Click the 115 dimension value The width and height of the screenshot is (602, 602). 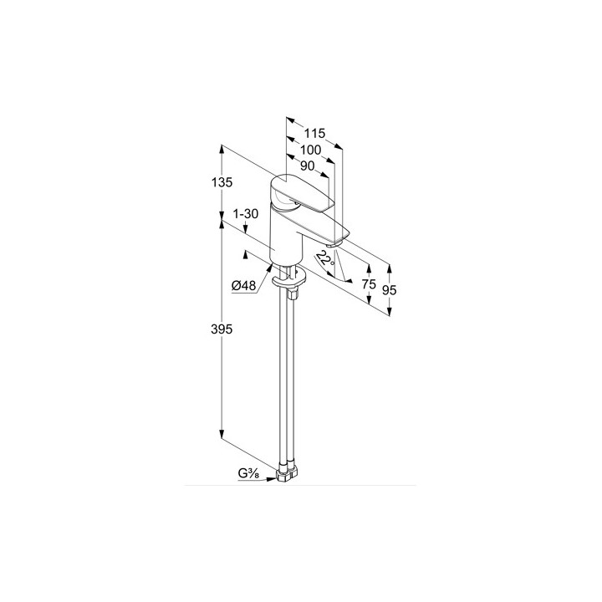314,133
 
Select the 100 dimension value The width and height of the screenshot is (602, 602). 310,150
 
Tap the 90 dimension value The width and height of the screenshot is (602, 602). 307,166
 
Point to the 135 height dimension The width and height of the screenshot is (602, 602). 222,182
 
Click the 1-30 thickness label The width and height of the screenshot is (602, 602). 246,213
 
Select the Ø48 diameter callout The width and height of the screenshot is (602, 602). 243,285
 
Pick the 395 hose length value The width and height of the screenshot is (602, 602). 222,329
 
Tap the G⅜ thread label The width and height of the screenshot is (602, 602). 248,473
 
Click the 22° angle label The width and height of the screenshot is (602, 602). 325,258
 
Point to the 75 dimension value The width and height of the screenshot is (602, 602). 369,284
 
